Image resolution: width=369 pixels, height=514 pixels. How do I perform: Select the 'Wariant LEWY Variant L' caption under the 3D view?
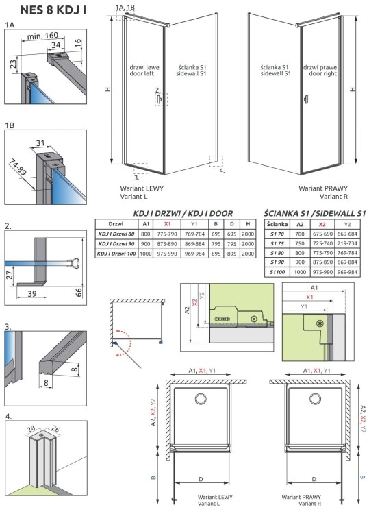coord(140,191)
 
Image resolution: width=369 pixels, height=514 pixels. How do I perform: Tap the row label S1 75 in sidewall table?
coord(276,244)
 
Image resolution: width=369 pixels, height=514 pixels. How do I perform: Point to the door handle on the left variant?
coord(160,100)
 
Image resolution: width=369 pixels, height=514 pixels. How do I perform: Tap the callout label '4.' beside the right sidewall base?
coord(222,171)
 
